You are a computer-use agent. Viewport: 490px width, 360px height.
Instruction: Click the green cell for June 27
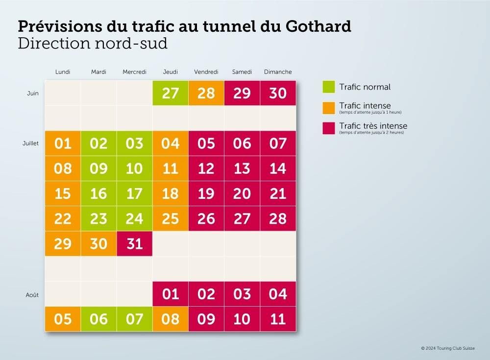pyautogui.click(x=170, y=93)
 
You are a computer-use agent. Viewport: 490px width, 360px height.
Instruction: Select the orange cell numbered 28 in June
pyautogui.click(x=206, y=93)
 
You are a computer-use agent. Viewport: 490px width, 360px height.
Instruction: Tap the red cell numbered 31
pyautogui.click(x=134, y=243)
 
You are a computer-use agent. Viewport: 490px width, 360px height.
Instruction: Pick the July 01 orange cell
pyautogui.click(x=63, y=144)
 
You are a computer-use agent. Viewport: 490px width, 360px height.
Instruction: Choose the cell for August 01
pyautogui.click(x=170, y=294)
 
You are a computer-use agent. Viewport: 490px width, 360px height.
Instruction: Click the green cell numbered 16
pyautogui.click(x=98, y=193)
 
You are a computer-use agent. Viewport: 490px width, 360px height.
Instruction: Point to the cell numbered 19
pyautogui.click(x=206, y=193)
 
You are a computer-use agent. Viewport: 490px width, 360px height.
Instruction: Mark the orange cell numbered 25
pyautogui.click(x=170, y=218)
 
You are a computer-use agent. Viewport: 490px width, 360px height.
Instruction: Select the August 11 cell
pyautogui.click(x=278, y=319)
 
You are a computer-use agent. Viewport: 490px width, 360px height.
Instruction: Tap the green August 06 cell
pyautogui.click(x=98, y=319)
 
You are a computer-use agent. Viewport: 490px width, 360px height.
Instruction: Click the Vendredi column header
pyautogui.click(x=206, y=72)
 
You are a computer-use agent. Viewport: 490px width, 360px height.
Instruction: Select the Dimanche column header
pyautogui.click(x=278, y=72)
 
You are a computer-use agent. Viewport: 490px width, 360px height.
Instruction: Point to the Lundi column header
pyautogui.click(x=63, y=72)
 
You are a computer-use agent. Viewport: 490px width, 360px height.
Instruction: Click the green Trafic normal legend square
pyautogui.click(x=329, y=87)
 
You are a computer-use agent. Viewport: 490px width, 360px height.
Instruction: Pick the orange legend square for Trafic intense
pyautogui.click(x=329, y=107)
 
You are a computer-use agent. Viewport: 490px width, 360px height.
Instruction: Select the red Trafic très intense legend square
pyautogui.click(x=329, y=128)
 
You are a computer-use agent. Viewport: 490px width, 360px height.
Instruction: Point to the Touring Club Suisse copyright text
pyautogui.click(x=448, y=348)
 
